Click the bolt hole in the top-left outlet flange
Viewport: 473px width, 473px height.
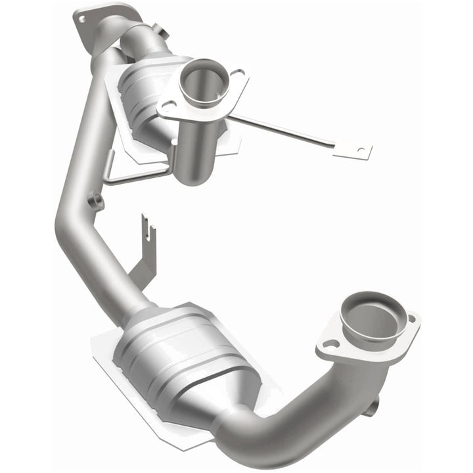(83, 19)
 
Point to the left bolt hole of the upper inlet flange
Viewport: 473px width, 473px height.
(169, 107)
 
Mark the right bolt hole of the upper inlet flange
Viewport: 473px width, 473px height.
(238, 74)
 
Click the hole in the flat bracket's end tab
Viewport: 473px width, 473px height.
(359, 150)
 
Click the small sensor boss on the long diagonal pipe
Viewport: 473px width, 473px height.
(97, 201)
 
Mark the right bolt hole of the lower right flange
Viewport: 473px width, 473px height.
(411, 320)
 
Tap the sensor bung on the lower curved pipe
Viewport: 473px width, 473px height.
(372, 407)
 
